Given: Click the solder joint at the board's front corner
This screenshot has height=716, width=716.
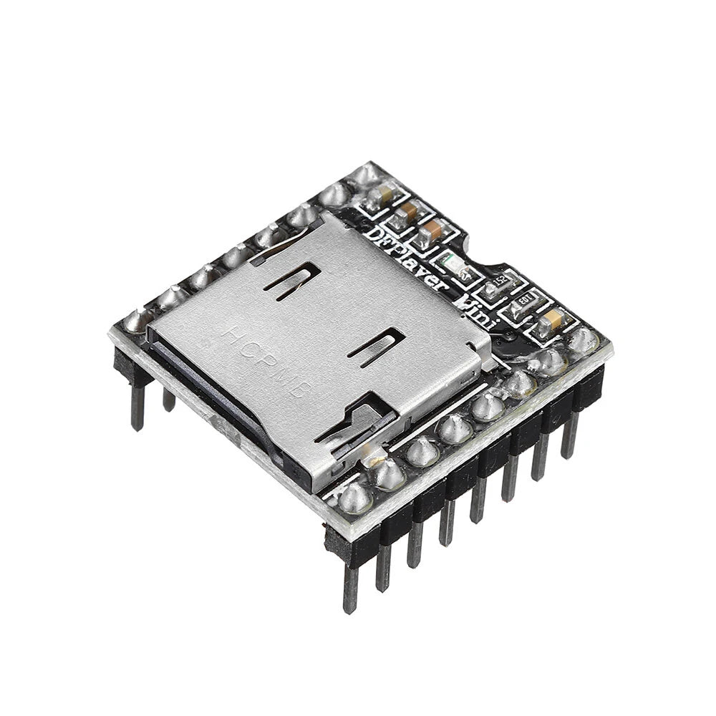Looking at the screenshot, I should point(354,498).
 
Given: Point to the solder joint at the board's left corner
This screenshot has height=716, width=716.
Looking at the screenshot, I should point(135,321).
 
